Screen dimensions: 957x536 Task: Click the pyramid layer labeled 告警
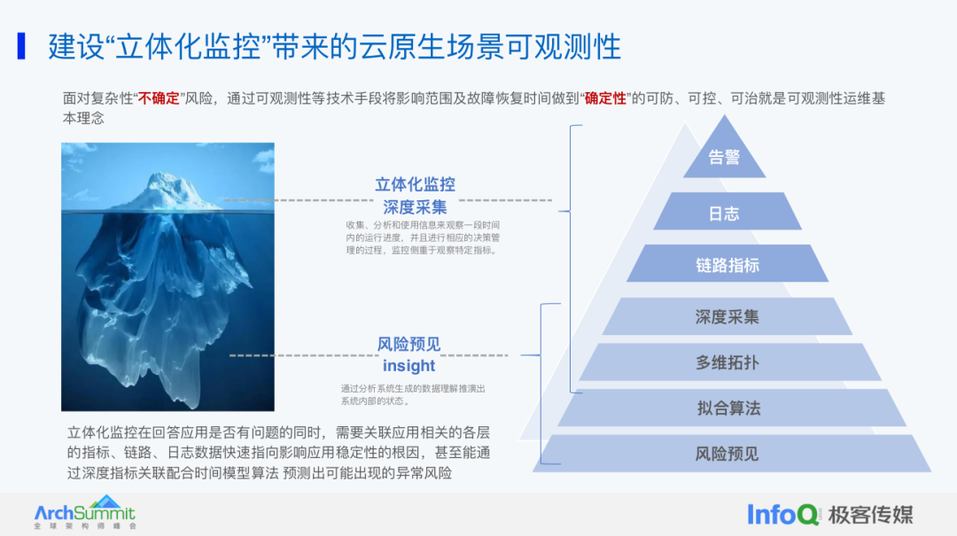724,158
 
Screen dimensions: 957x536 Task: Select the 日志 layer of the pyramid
724,214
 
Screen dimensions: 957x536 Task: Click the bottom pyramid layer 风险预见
727,454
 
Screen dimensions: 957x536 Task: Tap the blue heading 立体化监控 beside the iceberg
415,184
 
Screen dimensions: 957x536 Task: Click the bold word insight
408,366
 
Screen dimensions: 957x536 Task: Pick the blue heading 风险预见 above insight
408,345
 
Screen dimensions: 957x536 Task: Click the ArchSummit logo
85,513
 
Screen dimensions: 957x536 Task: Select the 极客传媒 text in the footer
870,514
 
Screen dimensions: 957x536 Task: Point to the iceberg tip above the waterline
169,190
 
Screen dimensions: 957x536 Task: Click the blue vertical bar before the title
21,46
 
